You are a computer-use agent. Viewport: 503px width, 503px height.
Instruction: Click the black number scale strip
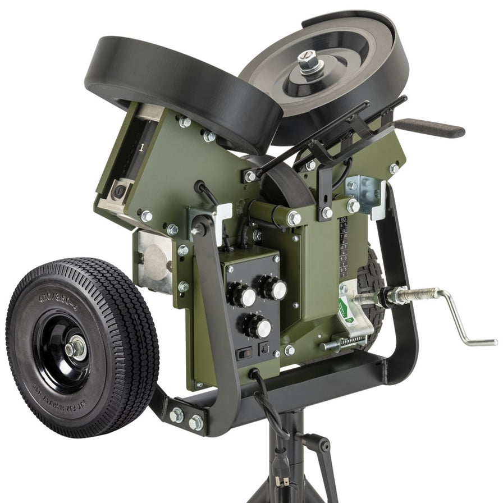tap(343, 247)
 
